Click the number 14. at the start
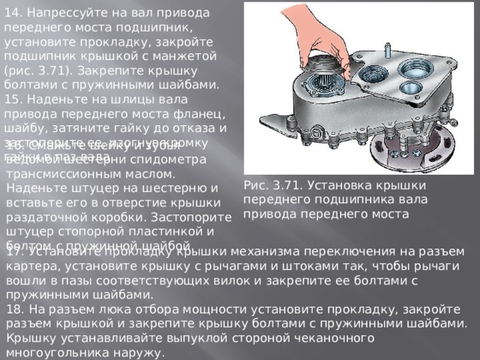point(15,12)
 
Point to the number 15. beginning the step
point(15,99)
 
